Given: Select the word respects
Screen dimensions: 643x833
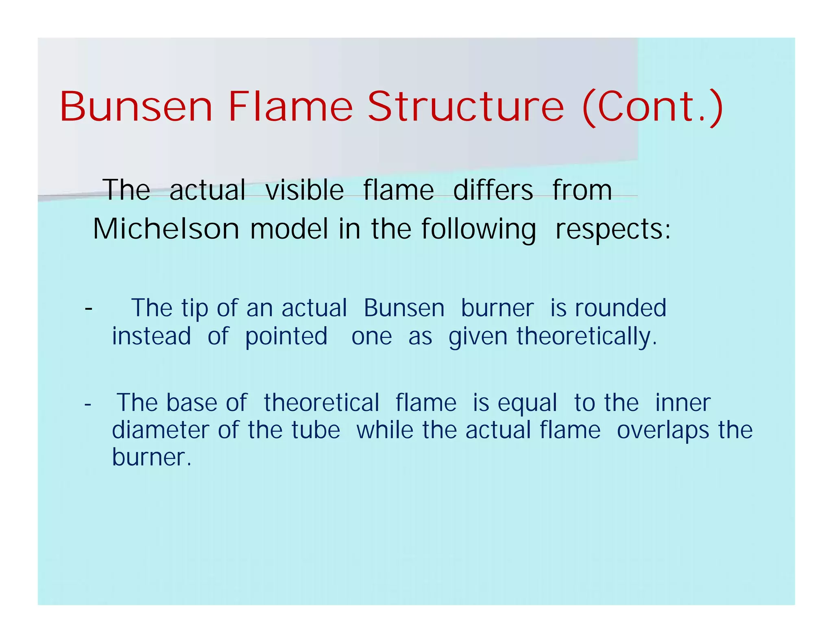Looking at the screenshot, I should tap(613, 230).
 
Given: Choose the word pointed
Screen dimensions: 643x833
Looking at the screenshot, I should tap(286, 337).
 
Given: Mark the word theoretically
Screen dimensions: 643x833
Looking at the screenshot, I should tap(587, 337).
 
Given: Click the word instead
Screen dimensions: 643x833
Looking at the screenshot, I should tap(151, 337).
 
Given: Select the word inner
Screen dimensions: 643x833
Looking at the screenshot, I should tap(683, 403).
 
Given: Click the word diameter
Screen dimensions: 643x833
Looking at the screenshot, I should tap(161, 430).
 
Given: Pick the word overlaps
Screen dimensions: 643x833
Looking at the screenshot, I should tap(663, 431).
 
